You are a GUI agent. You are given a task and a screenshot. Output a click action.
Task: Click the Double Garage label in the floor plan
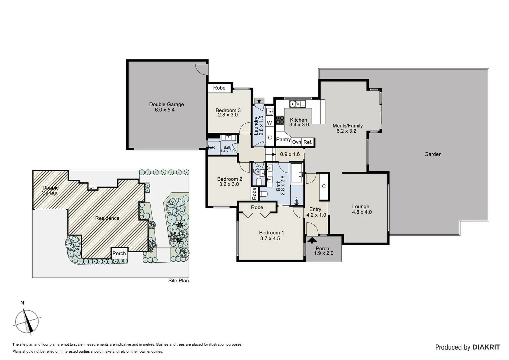click(x=166, y=104)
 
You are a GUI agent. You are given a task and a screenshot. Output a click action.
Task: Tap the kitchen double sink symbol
click(x=297, y=104)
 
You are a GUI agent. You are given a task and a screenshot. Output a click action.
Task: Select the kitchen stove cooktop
click(x=280, y=120)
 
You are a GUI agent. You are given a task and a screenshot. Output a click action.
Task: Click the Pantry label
click(x=283, y=139)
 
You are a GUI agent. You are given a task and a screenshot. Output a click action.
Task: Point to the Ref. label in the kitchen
click(x=308, y=142)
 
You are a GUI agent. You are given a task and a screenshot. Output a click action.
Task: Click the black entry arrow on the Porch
click(x=312, y=239)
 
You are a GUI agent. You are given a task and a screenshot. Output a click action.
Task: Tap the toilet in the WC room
click(x=259, y=181)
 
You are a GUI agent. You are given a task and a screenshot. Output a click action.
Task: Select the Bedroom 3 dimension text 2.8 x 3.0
click(x=228, y=115)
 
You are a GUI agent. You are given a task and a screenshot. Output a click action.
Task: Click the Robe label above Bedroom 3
click(x=219, y=88)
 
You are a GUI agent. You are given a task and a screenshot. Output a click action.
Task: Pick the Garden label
click(x=433, y=154)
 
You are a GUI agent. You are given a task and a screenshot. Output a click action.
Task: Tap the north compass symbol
click(x=27, y=321)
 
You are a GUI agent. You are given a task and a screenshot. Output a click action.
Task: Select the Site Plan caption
click(x=178, y=281)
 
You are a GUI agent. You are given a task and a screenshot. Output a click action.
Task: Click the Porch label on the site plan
click(x=119, y=253)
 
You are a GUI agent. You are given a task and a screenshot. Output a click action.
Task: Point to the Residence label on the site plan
click(x=107, y=218)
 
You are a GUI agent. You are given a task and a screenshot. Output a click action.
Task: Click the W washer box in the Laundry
click(x=269, y=123)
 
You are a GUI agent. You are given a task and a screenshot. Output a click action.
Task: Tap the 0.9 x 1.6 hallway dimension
click(x=290, y=154)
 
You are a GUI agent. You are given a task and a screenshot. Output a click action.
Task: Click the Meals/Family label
click(x=347, y=126)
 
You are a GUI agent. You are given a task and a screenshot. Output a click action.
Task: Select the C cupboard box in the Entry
click(x=324, y=186)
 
